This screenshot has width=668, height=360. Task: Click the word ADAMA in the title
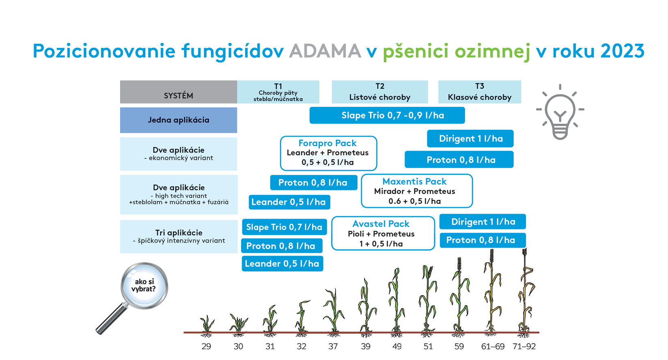coord(325,51)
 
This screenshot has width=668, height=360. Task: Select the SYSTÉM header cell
coord(178,92)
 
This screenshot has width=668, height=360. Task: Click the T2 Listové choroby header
coord(379,92)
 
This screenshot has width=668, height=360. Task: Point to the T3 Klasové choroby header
coord(480,92)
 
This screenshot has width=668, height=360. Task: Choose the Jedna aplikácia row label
coord(178,120)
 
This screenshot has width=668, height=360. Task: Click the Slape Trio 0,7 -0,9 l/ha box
coord(387,115)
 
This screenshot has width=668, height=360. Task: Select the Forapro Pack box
coord(328,153)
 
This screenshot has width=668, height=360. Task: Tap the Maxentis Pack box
coord(417,191)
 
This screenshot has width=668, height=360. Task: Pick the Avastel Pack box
coord(383,233)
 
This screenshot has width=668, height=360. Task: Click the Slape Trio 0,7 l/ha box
coord(284,227)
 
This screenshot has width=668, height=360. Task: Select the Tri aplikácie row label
coord(179,237)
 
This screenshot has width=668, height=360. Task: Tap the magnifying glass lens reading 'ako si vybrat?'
coord(144,286)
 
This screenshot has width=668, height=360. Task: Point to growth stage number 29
coord(206,347)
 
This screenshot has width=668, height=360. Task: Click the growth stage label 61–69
coord(493,347)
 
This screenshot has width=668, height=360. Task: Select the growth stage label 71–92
coord(524,347)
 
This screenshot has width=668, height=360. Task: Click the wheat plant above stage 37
coord(334,312)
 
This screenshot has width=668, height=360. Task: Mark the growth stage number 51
coord(428,347)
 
